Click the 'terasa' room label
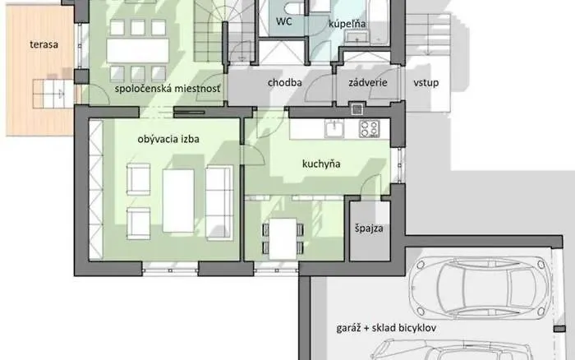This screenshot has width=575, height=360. [x=41, y=44]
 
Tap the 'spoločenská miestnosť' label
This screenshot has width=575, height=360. [x=168, y=89]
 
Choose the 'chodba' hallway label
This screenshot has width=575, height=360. [x=285, y=82]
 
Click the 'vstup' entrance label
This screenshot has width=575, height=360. [x=427, y=82]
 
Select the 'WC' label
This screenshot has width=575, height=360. [x=285, y=21]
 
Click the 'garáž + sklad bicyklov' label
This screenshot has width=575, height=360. [x=385, y=327]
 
